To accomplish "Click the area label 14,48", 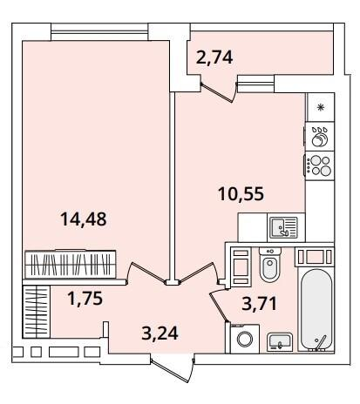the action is (x=84, y=219).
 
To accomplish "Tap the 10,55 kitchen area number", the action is (x=241, y=194).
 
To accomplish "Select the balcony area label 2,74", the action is (x=214, y=57).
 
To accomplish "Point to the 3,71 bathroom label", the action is (x=259, y=303).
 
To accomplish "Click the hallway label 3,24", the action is (x=160, y=333).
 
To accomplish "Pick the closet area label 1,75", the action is (x=85, y=299).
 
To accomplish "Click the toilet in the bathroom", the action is (x=270, y=265).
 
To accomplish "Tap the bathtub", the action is (x=316, y=310).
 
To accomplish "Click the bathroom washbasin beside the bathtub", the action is (x=280, y=342).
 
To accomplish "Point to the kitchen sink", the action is (x=283, y=227).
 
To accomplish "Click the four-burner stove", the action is (x=320, y=165).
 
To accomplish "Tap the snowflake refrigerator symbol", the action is (x=321, y=108).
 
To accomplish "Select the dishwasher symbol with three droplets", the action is (x=320, y=137).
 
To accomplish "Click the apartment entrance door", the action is (x=173, y=369).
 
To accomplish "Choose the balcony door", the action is (x=219, y=92).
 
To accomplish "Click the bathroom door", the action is (x=219, y=306).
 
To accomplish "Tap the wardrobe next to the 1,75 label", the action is (x=37, y=312).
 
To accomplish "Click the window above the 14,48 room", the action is (x=99, y=32).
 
